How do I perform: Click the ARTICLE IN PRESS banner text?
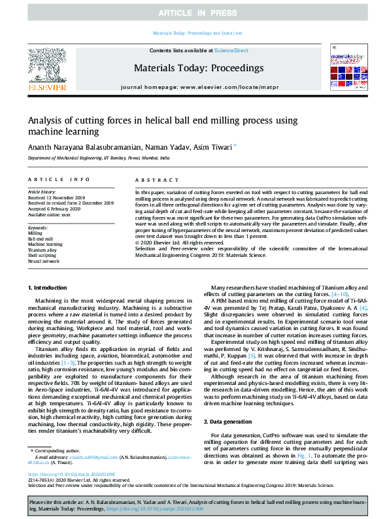tap(194, 13)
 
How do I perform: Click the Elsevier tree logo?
tap(46, 66)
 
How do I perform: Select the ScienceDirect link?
tap(231, 50)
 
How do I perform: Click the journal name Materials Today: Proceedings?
tap(198, 68)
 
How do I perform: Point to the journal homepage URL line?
tap(198, 86)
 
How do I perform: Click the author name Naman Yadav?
tap(167, 148)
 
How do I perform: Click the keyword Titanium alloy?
tap(41, 250)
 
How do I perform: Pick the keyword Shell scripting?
tap(42, 256)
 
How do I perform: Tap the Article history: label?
tap(42, 192)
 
